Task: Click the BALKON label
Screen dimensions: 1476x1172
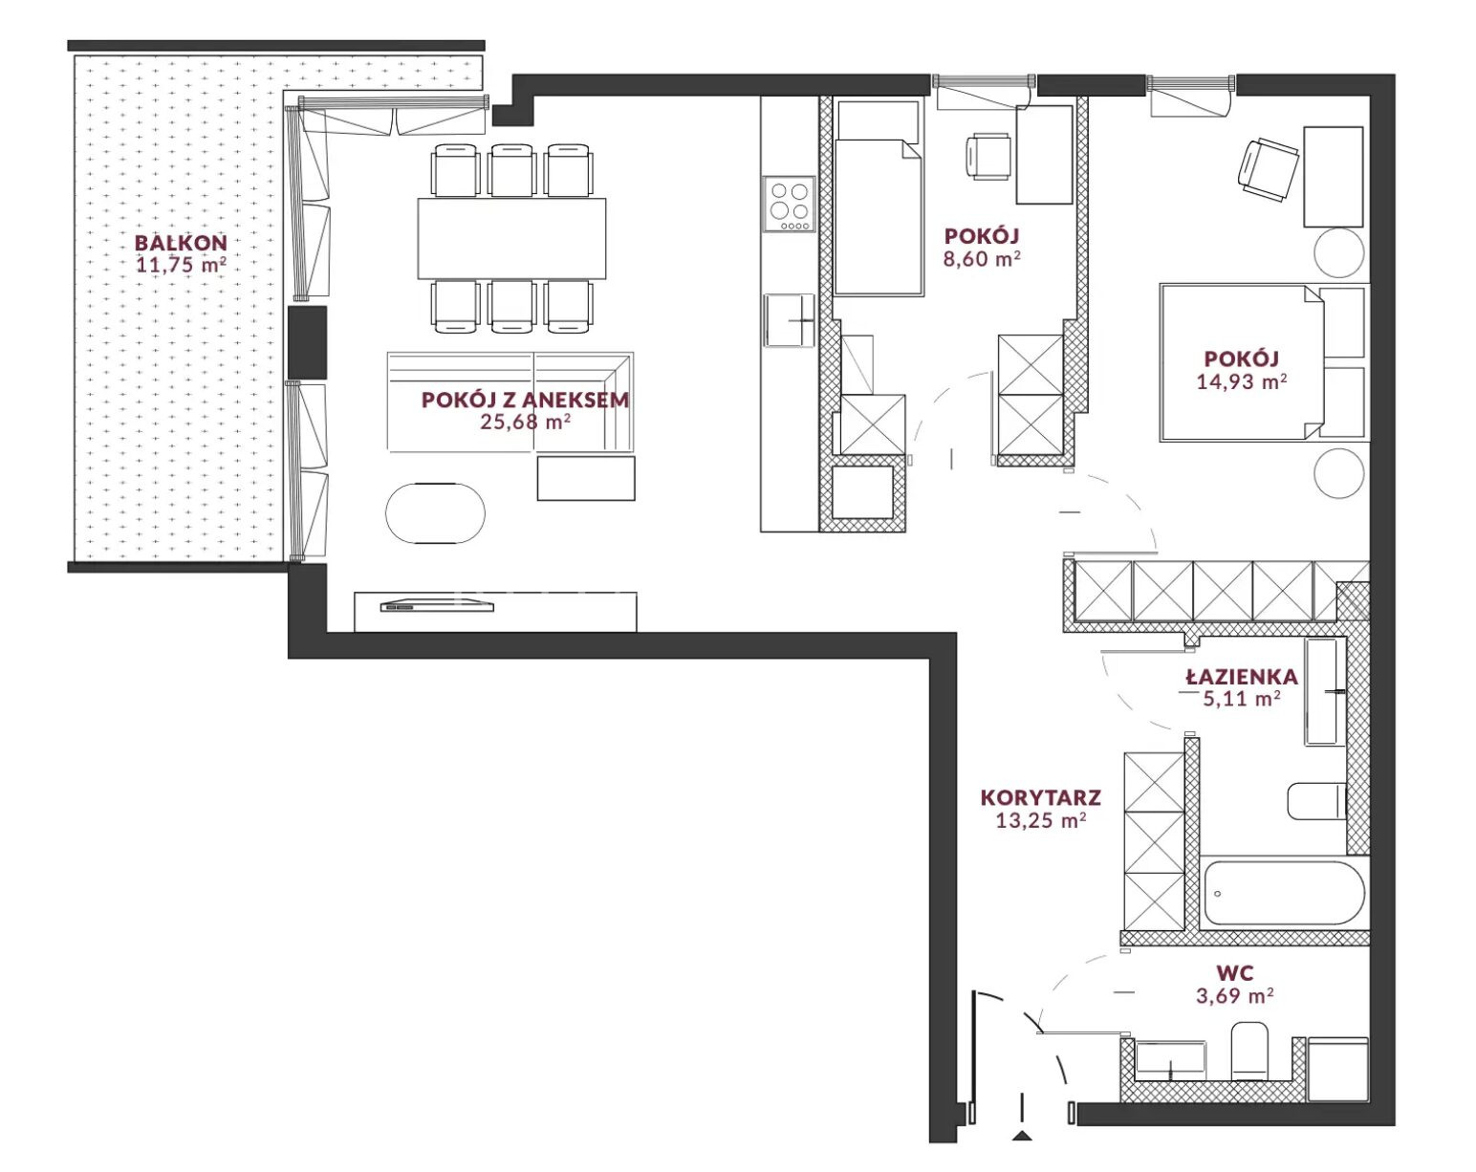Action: click(x=181, y=243)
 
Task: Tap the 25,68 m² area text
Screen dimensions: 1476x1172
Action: click(x=526, y=422)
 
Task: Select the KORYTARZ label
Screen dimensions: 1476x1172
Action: click(x=1040, y=797)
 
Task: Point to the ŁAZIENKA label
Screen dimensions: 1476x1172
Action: click(x=1242, y=677)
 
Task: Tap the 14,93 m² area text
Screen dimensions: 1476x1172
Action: click(x=1242, y=381)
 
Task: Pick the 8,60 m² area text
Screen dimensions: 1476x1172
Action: click(x=982, y=258)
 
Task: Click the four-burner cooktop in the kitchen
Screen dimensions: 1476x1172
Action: click(x=790, y=205)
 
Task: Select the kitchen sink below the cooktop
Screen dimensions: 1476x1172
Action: click(x=789, y=320)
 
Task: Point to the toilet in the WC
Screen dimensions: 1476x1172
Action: click(x=1249, y=1051)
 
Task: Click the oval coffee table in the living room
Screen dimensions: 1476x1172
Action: click(x=435, y=513)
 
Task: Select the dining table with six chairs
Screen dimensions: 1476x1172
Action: click(x=511, y=238)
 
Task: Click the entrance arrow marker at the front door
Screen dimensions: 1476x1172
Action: click(x=1022, y=1135)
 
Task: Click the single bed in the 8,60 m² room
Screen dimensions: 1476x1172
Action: click(x=878, y=198)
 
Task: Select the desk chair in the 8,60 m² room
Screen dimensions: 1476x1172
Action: click(x=988, y=157)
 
